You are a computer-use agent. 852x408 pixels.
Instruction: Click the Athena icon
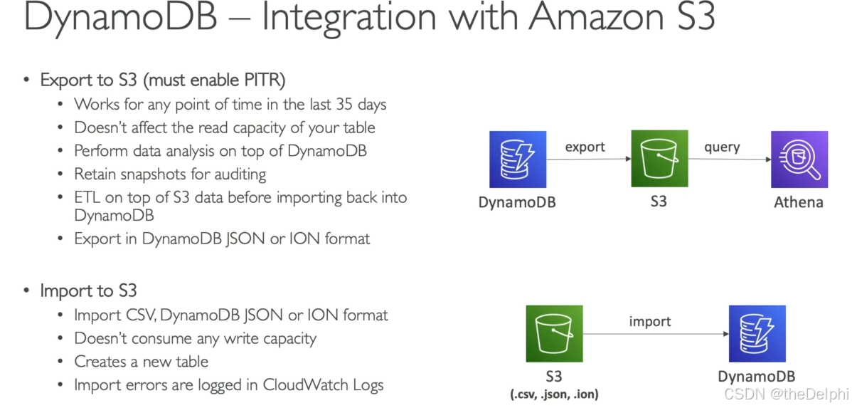pos(799,159)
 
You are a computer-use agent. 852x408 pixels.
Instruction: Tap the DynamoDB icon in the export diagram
pos(518,159)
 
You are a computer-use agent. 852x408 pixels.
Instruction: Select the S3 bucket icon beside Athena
pos(659,159)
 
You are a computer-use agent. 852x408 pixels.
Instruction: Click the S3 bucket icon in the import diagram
pos(554,333)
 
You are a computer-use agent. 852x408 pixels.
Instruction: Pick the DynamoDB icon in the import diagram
pos(757,333)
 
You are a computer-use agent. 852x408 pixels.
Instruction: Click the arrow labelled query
pos(729,159)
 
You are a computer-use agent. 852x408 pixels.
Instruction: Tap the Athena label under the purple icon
pos(799,202)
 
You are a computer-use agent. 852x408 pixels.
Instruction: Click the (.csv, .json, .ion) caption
pos(554,392)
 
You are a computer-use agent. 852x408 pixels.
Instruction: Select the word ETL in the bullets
pos(87,197)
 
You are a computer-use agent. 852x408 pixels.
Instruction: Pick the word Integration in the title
pos(339,17)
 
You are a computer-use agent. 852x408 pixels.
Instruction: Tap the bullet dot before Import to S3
pos(27,291)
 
